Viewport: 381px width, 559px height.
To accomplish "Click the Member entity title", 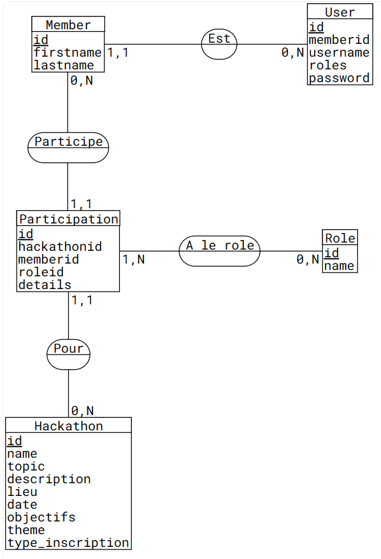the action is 68,25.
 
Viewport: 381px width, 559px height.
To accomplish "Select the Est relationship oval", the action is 219,44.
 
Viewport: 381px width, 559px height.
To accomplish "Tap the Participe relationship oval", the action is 68,148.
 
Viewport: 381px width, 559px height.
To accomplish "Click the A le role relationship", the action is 219,251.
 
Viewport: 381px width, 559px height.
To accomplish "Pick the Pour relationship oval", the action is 69,355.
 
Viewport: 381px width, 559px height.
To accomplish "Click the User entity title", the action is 340,12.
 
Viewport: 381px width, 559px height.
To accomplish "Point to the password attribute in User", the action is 339,78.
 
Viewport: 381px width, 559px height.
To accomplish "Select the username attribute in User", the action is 339,52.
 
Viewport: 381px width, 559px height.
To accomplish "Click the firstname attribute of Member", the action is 68,52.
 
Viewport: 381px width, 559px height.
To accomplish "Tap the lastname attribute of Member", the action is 64,65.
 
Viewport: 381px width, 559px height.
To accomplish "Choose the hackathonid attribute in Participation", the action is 60,246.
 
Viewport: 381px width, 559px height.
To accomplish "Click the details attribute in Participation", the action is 45,285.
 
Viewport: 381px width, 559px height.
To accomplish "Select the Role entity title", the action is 340,238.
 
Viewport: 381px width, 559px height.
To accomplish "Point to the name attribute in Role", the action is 339,265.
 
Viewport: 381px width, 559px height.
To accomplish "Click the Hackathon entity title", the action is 69,426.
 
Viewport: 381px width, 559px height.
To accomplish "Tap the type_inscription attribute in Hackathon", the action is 68,542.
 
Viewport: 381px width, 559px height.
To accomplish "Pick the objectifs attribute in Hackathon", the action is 41,517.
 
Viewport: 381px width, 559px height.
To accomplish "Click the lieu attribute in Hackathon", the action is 22,492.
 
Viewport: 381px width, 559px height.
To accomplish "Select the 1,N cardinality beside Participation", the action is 133,259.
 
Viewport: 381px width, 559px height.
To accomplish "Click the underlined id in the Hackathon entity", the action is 15,441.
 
